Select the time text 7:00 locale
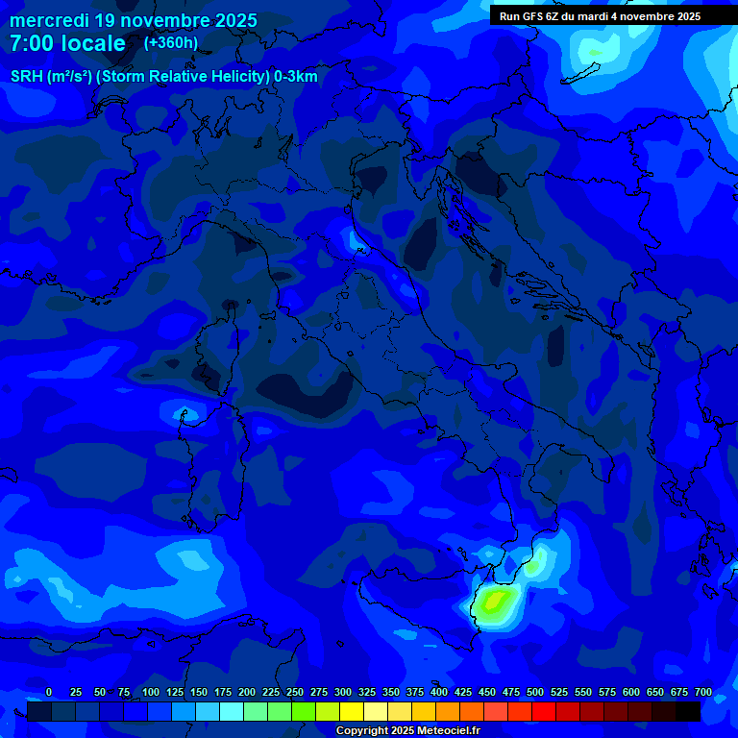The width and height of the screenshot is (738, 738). (67, 43)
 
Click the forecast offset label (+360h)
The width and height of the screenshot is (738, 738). (171, 43)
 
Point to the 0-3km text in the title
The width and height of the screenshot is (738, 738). (295, 76)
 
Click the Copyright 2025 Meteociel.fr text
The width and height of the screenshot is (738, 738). (407, 730)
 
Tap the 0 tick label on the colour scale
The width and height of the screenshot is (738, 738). (49, 692)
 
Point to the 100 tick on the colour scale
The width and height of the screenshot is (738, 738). (151, 692)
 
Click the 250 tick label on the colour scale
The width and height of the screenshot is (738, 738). (295, 692)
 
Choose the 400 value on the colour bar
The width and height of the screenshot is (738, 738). (439, 692)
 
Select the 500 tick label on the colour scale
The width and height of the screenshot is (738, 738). (535, 692)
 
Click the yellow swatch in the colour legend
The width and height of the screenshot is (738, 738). (352, 711)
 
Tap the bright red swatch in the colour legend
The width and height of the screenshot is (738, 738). (544, 711)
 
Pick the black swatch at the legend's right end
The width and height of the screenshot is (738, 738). (688, 711)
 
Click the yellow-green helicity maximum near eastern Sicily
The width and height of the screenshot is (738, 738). (495, 603)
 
